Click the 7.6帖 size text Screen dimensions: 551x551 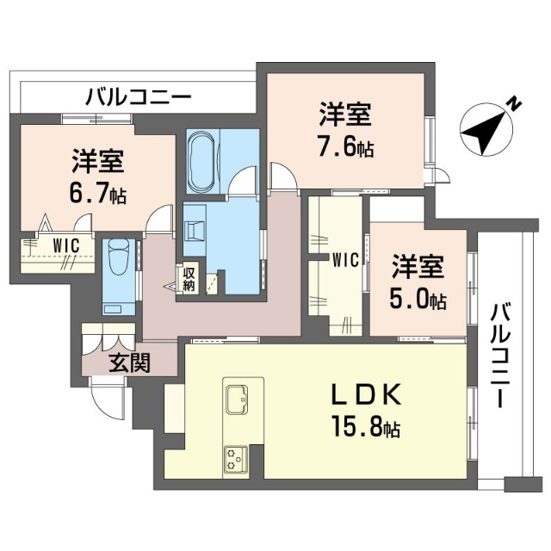[x=345, y=147]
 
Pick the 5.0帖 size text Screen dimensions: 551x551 [x=418, y=300]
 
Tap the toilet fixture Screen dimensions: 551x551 [x=118, y=255]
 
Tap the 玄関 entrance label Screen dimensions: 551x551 [x=130, y=363]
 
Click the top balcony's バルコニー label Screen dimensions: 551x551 [x=138, y=96]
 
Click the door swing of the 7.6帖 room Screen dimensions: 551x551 [x=282, y=177]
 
